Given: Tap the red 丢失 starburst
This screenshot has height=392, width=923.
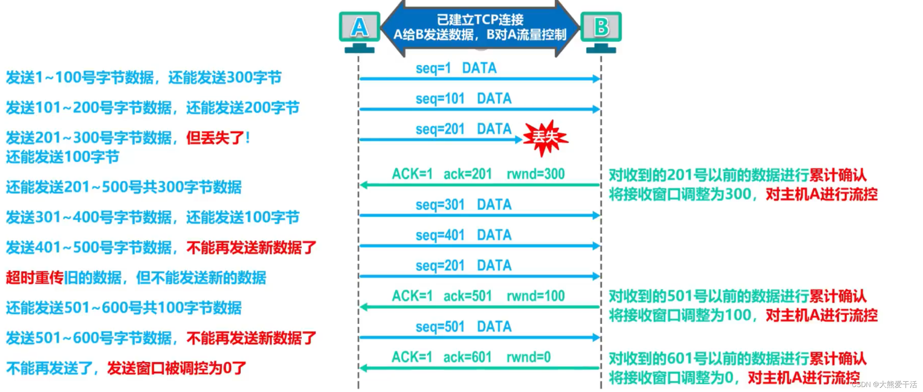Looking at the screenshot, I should (545, 138).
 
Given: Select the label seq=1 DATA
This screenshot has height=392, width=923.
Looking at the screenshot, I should (456, 68).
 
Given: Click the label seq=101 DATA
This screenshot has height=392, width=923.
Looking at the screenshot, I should (463, 99).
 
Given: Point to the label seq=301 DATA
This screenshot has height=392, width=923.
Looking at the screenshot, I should (463, 205).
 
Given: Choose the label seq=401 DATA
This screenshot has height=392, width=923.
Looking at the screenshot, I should (463, 235).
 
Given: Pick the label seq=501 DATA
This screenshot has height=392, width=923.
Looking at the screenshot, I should (463, 327).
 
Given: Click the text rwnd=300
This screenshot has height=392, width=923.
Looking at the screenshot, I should (535, 174).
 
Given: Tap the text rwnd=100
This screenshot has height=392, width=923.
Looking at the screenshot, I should (535, 296).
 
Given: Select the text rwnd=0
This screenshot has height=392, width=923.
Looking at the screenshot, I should (529, 357).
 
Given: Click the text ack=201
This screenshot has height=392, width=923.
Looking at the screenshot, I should (468, 174).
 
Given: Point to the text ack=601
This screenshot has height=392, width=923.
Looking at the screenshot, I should (468, 357).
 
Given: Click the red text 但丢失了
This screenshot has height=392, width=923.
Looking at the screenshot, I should (218, 138).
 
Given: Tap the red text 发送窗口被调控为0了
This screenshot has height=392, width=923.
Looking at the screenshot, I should (177, 368).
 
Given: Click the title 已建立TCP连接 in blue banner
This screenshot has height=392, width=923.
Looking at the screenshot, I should (480, 19).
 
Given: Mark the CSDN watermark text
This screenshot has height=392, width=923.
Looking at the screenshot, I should (884, 384).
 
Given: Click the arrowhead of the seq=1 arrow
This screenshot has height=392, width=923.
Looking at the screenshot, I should (597, 79).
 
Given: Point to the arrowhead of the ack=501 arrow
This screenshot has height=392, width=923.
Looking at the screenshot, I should (363, 307).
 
